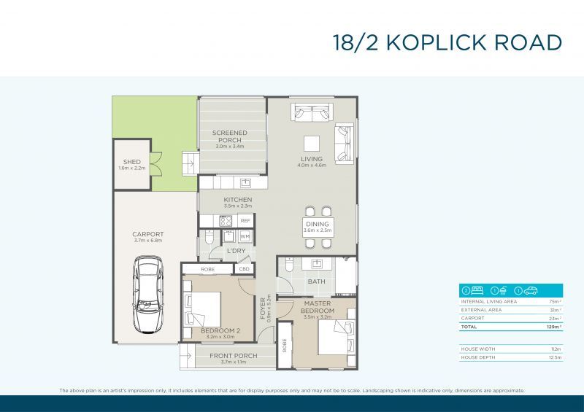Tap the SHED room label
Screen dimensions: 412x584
(131, 162)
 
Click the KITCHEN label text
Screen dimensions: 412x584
(238, 199)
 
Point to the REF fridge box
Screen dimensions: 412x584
(245, 220)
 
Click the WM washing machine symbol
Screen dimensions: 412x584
(245, 236)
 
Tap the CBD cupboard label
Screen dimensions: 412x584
(244, 269)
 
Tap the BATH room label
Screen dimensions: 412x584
(316, 281)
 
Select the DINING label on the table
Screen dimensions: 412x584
(318, 224)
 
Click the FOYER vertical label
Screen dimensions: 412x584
(264, 308)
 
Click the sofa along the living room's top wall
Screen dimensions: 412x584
(313, 113)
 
